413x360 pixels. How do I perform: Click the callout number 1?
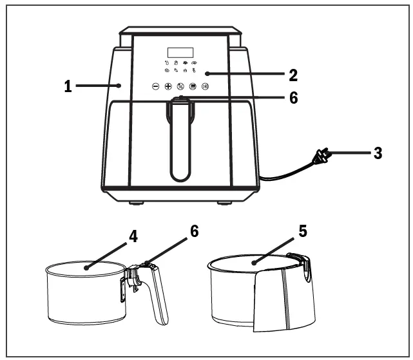pos(68,86)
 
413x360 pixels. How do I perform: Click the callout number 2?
pos(293,75)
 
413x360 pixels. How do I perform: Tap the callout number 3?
pos(378,154)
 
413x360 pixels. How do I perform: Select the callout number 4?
pos(133,236)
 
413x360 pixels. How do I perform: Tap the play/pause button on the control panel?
pos(205,87)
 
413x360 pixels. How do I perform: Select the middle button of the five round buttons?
pos(180,87)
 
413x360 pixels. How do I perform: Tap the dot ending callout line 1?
pos(120,84)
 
